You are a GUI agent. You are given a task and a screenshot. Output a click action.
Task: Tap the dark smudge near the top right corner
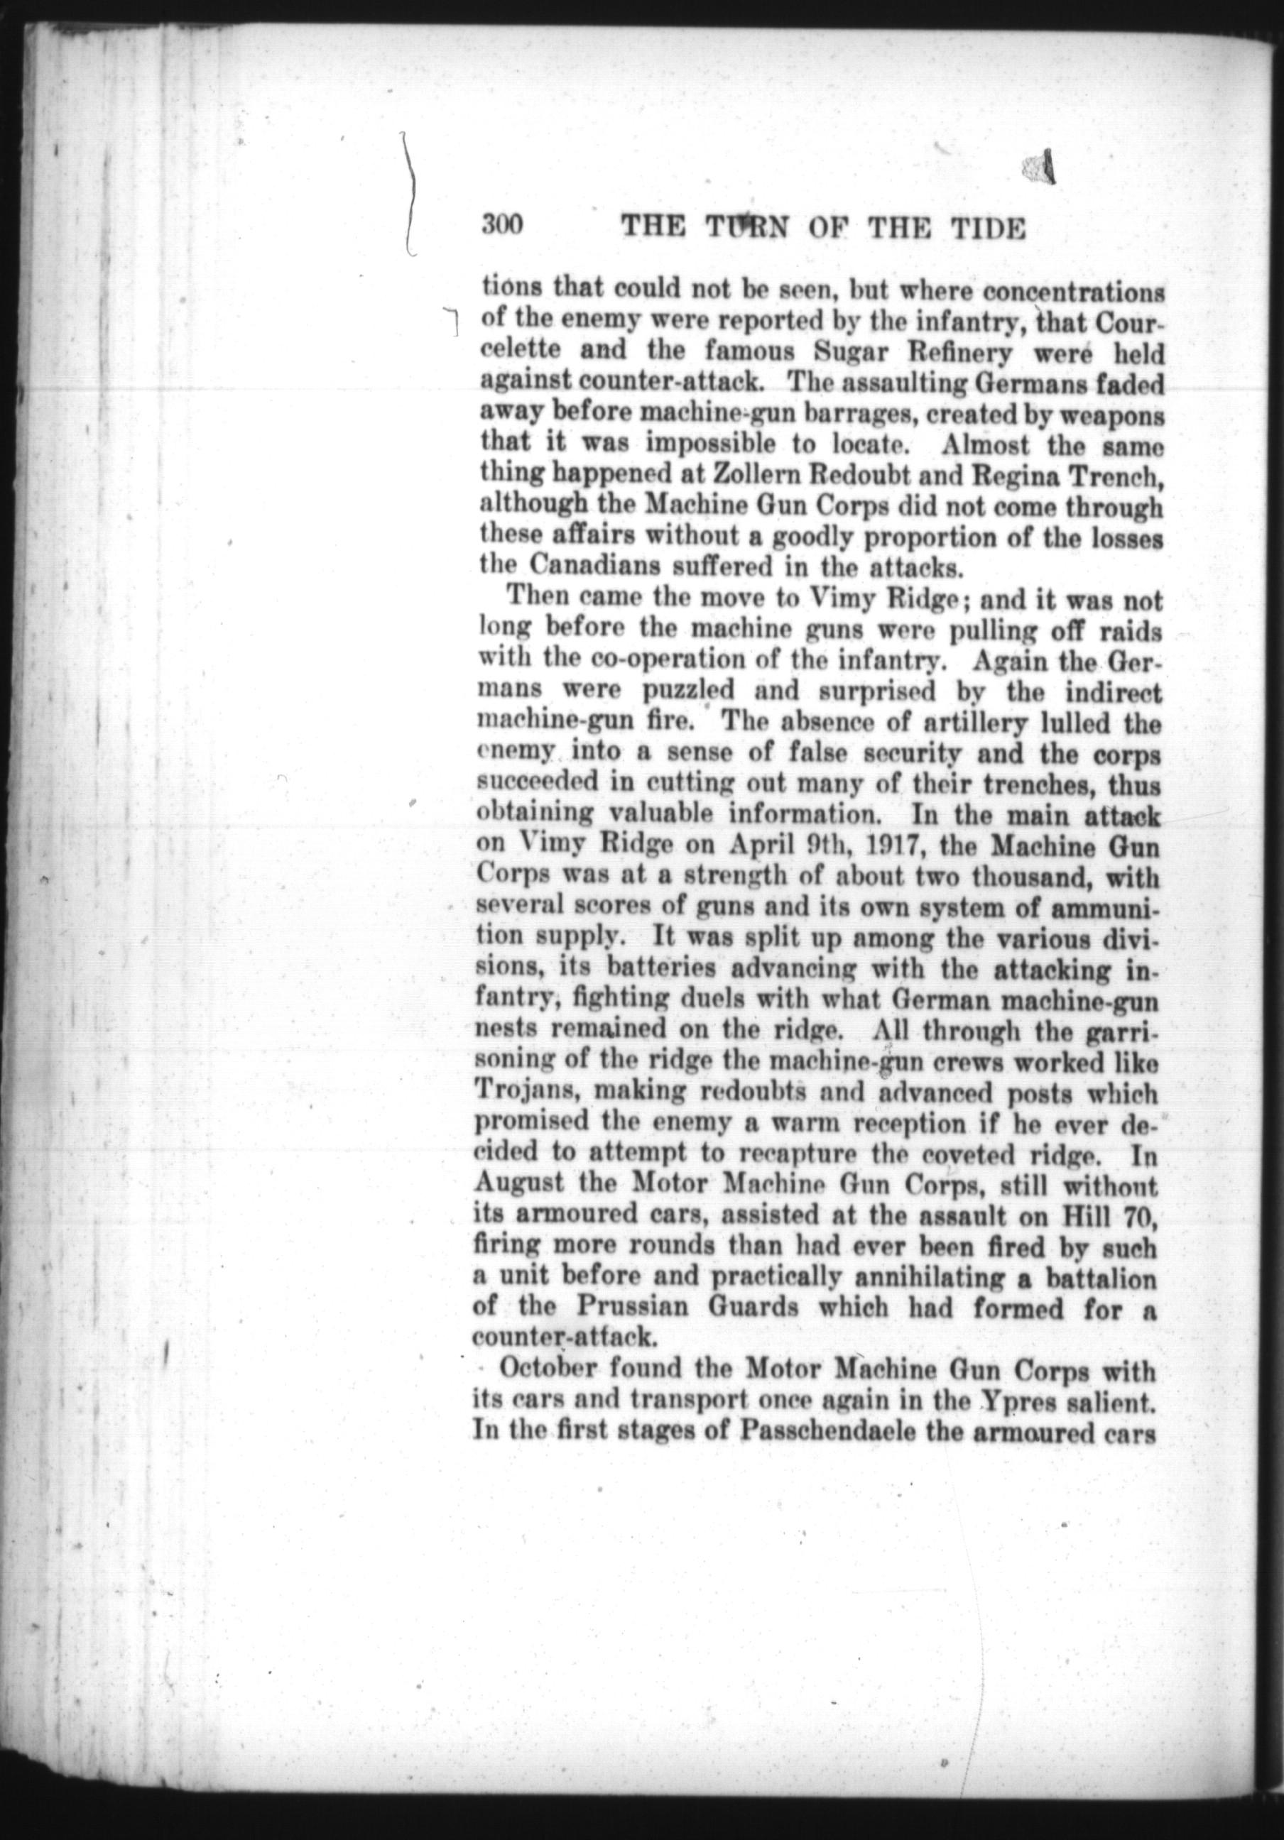pos(1039,168)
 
